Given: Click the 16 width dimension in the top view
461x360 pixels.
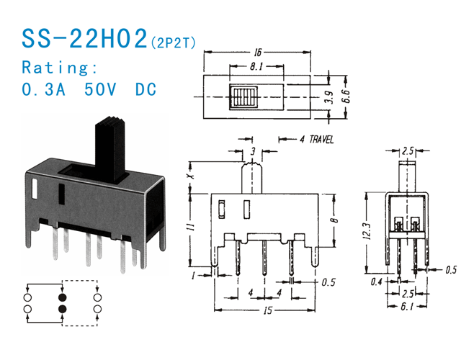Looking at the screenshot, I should point(256,53).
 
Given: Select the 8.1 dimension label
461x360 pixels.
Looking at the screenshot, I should point(256,68).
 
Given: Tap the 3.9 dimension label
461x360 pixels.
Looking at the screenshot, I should point(329,96).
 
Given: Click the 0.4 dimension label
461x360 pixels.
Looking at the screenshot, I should point(376,282).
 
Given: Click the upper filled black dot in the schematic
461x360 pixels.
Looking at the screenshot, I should point(62,296).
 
